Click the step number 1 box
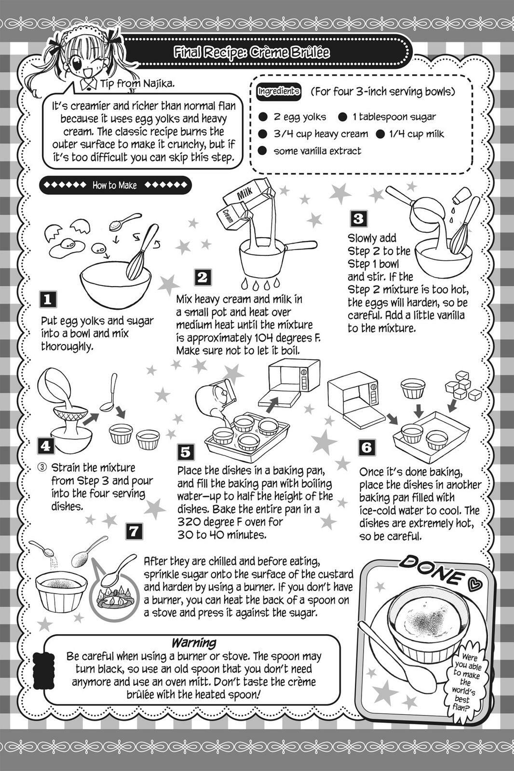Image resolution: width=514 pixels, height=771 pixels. pyautogui.click(x=48, y=299)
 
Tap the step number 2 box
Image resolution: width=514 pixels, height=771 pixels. pyautogui.click(x=203, y=278)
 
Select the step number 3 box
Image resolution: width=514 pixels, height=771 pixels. pyautogui.click(x=359, y=219)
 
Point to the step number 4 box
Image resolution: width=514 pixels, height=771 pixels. pyautogui.click(x=46, y=446)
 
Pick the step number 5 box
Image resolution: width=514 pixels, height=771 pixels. pyautogui.click(x=186, y=452)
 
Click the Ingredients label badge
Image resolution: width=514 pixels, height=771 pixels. pyautogui.click(x=279, y=92)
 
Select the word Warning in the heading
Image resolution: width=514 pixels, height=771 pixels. pyautogui.click(x=194, y=642)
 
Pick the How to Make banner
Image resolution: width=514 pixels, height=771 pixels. pyautogui.click(x=115, y=185)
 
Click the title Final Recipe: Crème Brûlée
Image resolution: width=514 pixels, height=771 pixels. pyautogui.click(x=252, y=53)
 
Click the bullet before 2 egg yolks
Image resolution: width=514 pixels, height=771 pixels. pyautogui.click(x=263, y=117)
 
